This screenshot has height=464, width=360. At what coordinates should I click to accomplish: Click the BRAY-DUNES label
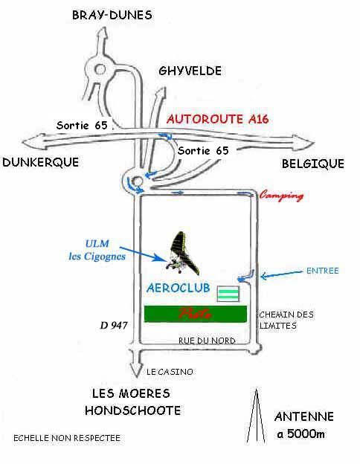tap(112, 15)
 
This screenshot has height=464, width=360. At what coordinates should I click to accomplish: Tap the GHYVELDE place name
tap(190, 71)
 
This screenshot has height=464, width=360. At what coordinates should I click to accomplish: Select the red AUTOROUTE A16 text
tap(218, 119)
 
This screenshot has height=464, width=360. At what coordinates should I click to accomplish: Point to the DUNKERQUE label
tap(41, 162)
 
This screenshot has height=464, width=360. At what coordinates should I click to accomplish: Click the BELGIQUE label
tap(313, 164)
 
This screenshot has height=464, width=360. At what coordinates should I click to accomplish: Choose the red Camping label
tap(281, 196)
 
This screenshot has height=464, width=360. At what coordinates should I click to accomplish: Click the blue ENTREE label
tap(322, 271)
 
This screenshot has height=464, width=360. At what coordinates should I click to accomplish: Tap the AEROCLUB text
tap(179, 288)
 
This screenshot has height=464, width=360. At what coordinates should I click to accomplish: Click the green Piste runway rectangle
tap(196, 314)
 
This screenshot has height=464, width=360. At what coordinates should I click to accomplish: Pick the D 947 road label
tap(114, 326)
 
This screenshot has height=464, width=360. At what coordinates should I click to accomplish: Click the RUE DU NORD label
tap(207, 341)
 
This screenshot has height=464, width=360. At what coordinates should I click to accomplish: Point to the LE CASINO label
tap(170, 372)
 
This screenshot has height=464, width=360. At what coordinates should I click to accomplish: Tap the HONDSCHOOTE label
tap(133, 410)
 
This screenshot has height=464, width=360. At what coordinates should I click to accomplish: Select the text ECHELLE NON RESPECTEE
tap(67, 438)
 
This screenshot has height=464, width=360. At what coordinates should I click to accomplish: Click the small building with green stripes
tap(228, 294)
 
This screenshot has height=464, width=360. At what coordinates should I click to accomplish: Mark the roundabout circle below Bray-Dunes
tap(100, 69)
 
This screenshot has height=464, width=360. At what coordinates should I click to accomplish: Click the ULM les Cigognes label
tap(97, 250)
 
